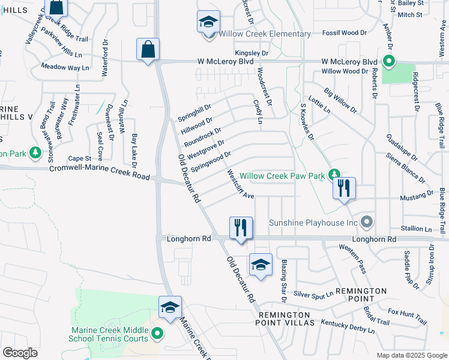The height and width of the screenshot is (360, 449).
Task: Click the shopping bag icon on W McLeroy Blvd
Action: click(148, 49)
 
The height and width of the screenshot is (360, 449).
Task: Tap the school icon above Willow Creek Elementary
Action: click(208, 22)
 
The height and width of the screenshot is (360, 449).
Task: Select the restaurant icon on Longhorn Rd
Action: click(241, 228)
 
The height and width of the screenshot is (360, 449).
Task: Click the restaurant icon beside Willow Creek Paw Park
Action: click(345, 188)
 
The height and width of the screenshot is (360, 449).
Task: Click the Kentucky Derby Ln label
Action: click(348, 326)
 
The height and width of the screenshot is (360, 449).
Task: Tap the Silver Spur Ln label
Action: click(313, 295)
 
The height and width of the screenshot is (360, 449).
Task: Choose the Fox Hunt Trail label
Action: click(407, 317)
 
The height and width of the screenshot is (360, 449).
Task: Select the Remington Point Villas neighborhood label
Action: click(285, 319)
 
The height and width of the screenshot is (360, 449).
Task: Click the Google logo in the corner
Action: click(20, 353)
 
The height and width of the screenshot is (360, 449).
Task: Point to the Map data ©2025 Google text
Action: click(412, 355)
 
